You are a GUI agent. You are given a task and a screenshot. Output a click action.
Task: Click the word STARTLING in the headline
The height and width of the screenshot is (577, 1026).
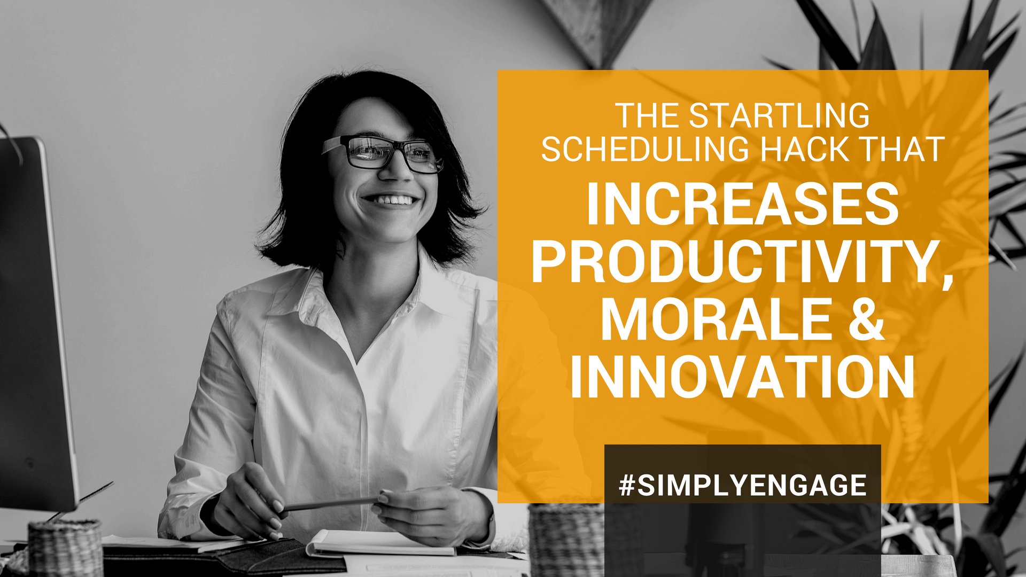[780, 115]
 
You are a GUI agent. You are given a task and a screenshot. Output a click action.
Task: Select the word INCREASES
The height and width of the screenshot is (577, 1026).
[743, 204]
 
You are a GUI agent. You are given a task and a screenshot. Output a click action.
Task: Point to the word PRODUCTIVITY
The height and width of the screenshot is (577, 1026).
[735, 262]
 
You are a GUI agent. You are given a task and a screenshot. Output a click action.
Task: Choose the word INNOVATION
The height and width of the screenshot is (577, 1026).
[742, 377]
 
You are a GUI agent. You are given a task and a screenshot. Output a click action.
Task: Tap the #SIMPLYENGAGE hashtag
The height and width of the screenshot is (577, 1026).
[743, 485]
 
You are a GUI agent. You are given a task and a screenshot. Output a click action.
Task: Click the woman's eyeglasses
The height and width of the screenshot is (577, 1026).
[383, 154]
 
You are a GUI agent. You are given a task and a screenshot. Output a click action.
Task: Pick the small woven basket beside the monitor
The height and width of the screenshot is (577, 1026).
[65, 548]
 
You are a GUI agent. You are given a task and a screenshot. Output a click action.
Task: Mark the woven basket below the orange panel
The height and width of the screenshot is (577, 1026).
[566, 540]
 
